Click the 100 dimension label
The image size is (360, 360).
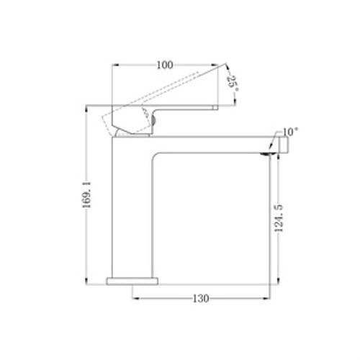(x=165, y=65)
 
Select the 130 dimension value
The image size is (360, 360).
(x=201, y=299)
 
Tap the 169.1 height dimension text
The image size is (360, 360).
(x=86, y=194)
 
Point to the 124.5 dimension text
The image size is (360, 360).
(x=279, y=218)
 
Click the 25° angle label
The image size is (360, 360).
(x=233, y=84)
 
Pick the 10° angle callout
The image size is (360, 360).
(x=290, y=132)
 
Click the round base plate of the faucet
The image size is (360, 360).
(x=132, y=281)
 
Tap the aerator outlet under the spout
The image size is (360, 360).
(x=267, y=154)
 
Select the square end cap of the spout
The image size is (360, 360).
(x=284, y=145)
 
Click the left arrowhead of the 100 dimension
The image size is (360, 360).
(x=115, y=65)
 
